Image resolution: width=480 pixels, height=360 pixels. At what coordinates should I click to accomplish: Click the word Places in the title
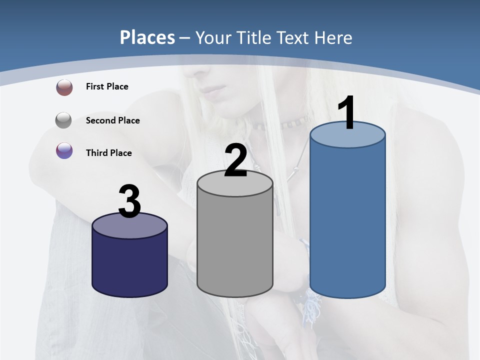tap(147, 37)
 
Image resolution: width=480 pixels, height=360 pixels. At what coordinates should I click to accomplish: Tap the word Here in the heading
tap(332, 37)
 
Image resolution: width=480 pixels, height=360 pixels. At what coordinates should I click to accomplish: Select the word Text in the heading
tap(294, 37)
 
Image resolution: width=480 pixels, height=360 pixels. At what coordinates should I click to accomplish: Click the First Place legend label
tap(107, 86)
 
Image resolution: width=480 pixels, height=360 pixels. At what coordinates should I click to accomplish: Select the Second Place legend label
tap(112, 120)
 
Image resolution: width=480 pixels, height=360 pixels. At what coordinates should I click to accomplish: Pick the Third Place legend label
tap(108, 153)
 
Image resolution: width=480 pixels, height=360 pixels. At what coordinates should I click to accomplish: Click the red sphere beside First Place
tap(64, 87)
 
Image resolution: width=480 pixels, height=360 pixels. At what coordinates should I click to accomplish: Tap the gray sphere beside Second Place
tap(64, 120)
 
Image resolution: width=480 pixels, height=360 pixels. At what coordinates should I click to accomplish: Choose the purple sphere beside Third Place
tap(64, 150)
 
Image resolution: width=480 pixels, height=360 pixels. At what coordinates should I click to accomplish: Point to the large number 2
tap(235, 160)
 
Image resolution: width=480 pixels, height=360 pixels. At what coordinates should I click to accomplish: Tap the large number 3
tap(130, 201)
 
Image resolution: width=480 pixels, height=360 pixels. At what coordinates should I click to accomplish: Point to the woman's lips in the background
tap(216, 91)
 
